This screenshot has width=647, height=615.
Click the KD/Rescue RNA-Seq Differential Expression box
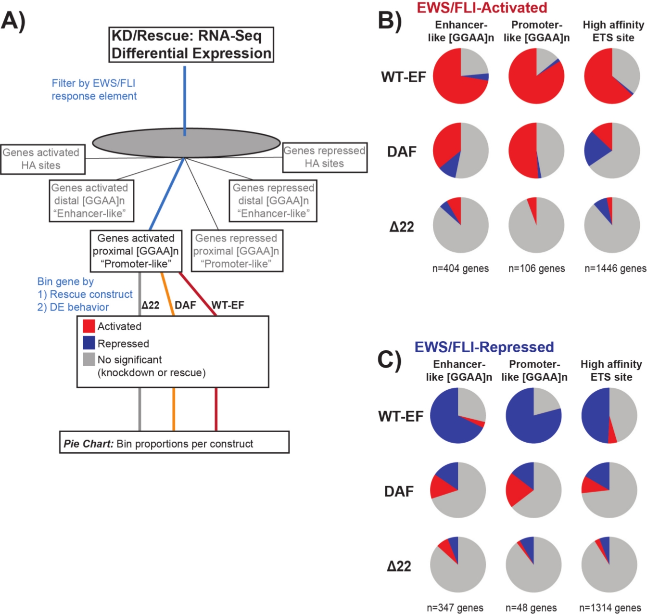(191, 45)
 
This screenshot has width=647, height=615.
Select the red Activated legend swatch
(89, 326)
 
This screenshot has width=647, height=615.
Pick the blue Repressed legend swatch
(89, 343)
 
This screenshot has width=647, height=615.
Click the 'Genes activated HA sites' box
(42, 159)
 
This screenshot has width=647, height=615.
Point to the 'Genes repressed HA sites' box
(325, 157)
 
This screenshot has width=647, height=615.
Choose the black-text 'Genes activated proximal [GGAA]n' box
(136, 251)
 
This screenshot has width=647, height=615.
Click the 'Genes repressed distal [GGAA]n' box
(273, 201)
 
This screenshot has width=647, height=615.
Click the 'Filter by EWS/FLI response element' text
(94, 90)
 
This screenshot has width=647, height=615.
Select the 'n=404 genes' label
(460, 269)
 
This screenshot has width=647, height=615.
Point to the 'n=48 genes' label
(531, 608)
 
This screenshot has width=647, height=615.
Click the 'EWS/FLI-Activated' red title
(482, 8)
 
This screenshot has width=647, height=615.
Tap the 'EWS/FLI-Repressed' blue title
(484, 347)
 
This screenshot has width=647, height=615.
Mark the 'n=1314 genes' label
(610, 608)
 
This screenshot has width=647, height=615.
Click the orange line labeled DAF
(174, 409)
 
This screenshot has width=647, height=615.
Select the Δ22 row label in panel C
(399, 566)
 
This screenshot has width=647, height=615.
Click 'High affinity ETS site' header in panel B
(613, 31)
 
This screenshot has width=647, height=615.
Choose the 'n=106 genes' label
(536, 269)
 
